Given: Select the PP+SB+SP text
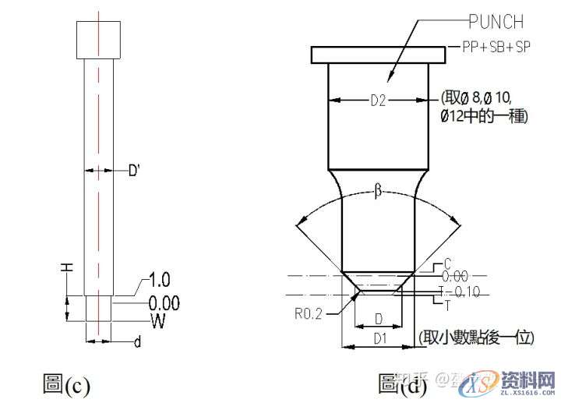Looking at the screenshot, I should coord(494,48).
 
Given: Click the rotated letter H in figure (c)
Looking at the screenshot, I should coord(68,267).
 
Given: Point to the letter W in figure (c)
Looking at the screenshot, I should coord(157,320).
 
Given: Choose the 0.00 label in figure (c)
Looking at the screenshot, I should coord(164,302).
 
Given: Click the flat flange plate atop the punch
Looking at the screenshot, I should coord(379,55).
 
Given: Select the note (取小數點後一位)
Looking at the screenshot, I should coord(475,338).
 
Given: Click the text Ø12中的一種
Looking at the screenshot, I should coord(484,116).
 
